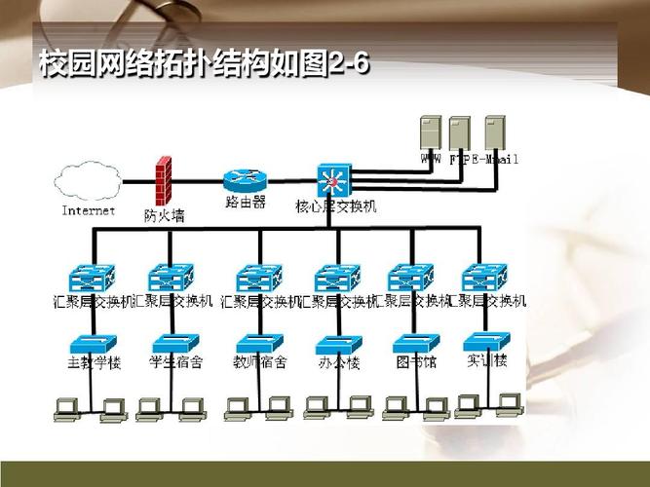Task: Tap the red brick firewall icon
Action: coord(163,179)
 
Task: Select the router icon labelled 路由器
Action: coord(244,180)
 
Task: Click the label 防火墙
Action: coord(164,216)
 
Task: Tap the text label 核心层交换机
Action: coord(335,206)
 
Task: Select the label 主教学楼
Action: coord(93,362)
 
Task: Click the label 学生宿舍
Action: coord(176,362)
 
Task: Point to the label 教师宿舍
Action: coord(258,362)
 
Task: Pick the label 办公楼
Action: coord(338,362)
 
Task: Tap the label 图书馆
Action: coord(415,362)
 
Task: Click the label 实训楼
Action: coord(487,361)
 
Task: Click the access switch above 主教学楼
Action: coord(93,343)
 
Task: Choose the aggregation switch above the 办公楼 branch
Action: coord(337,278)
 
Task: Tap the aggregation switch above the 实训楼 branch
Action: coord(485,278)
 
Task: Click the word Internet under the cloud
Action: coord(88,209)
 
